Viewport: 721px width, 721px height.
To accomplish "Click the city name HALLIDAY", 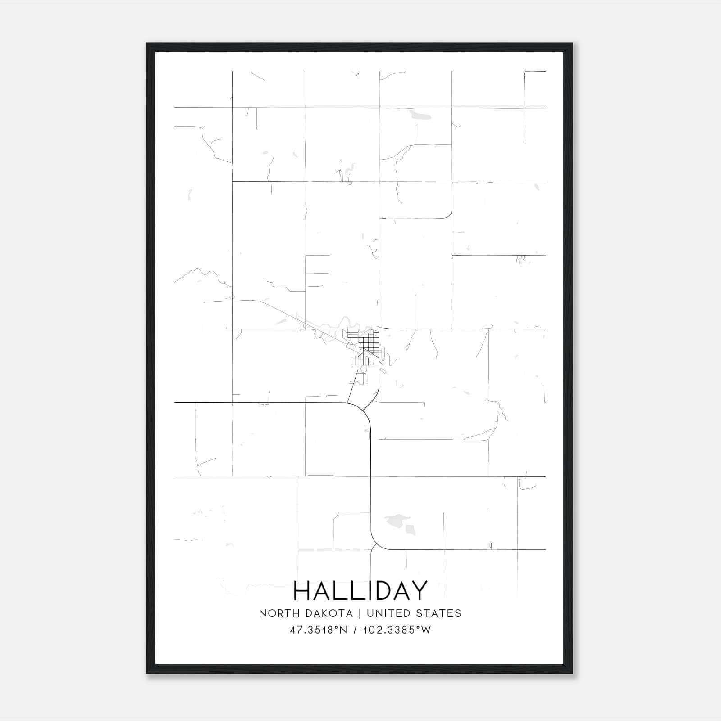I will coord(360,591).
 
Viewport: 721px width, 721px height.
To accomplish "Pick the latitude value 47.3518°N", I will coord(318,630).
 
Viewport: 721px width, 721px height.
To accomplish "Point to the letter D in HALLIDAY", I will coord(380,591).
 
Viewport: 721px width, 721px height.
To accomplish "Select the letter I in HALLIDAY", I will coord(365,591).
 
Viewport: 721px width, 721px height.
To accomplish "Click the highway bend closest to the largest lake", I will coord(375,541).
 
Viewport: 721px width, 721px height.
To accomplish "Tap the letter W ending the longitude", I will coord(426,630).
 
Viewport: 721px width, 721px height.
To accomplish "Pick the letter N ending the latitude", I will coord(343,630).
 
